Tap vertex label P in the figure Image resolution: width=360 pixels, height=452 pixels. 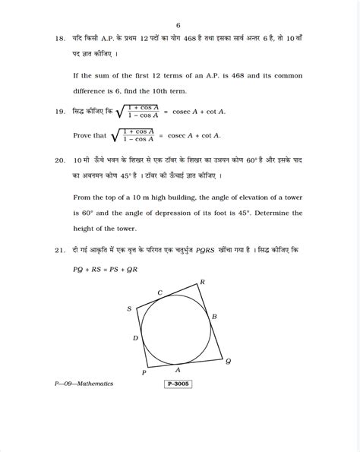144,373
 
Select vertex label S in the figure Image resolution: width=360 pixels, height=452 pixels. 130,308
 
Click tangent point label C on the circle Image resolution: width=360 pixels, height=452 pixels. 159,292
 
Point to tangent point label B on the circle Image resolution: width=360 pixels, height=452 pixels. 214,316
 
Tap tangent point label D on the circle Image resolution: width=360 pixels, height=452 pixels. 135,338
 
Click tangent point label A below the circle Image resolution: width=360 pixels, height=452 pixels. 178,369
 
